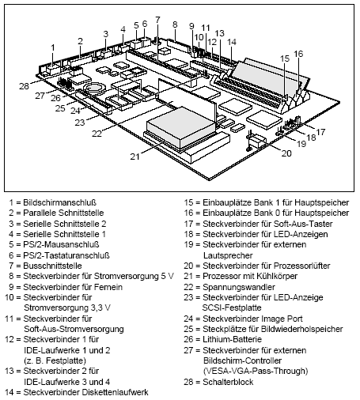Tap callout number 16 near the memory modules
[298, 54]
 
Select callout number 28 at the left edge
[25, 85]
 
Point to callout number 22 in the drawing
[97, 134]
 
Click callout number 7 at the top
[157, 19]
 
